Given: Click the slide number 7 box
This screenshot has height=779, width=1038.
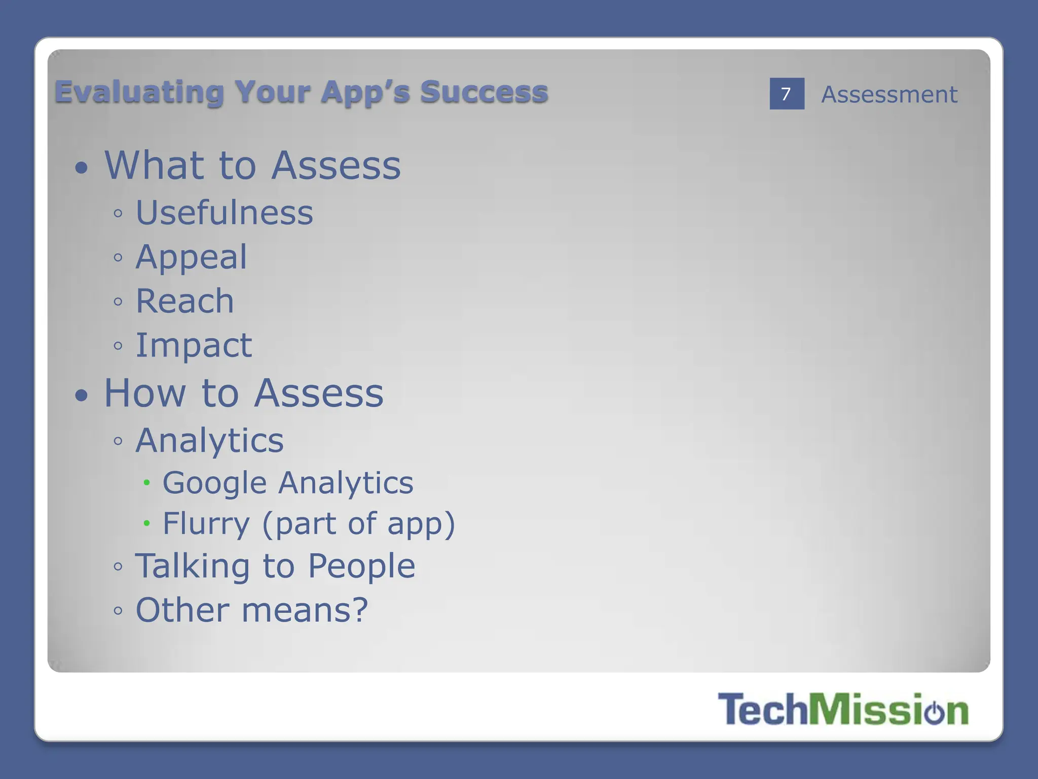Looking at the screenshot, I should [787, 94].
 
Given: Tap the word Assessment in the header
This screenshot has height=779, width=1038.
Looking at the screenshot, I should [889, 95].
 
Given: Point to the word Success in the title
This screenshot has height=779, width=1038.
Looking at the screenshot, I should [484, 92].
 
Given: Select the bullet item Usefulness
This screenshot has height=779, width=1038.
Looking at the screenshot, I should [225, 213].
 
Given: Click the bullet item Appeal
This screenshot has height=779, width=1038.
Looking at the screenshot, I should [192, 257].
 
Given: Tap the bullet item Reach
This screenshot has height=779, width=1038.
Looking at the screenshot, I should [185, 301].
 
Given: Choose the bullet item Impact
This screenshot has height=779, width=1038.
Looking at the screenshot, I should [194, 345].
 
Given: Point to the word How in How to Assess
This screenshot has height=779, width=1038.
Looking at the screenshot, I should [145, 393].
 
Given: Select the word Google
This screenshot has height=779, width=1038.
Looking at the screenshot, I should [214, 483].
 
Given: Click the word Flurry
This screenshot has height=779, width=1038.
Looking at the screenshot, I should [206, 523].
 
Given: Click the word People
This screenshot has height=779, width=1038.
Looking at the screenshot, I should [361, 566].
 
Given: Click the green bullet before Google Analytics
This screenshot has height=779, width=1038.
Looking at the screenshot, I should [146, 483].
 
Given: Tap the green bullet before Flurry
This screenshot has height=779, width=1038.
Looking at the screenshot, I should [146, 523].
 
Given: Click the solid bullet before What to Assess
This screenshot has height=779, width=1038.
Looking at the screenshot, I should [81, 168].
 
